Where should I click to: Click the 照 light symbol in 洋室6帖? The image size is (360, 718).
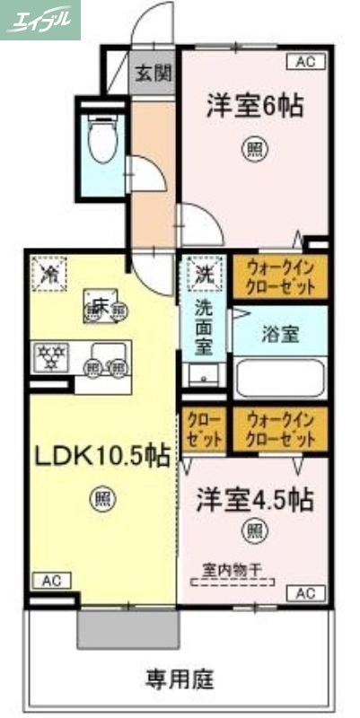click(253, 149)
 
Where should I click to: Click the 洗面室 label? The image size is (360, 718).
click(205, 328)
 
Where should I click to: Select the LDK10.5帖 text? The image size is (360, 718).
click(102, 456)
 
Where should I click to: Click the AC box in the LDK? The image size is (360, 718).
click(51, 581)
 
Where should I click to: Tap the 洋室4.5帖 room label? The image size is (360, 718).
click(254, 500)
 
